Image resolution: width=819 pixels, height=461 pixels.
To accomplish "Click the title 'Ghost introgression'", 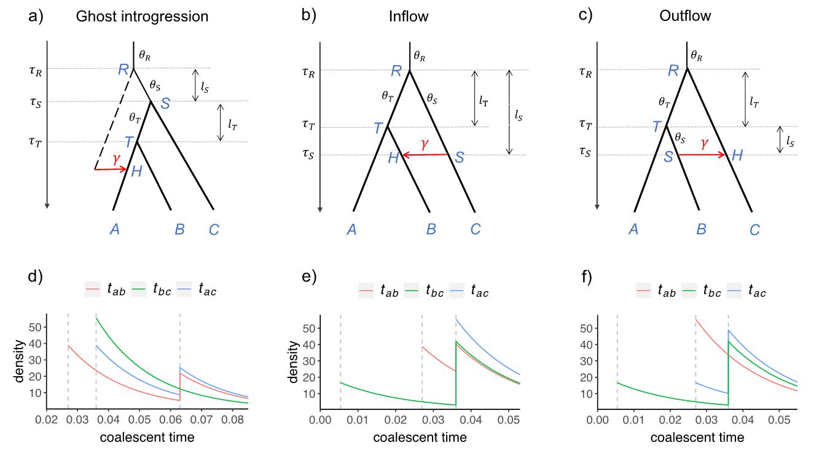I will (142, 17).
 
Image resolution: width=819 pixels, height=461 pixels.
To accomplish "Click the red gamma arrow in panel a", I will (111, 168).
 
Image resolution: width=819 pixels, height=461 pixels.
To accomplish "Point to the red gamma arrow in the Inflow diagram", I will (425, 155).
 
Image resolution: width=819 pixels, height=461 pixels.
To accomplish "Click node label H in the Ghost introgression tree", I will (137, 172).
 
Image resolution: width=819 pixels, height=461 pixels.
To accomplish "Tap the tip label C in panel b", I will (474, 230).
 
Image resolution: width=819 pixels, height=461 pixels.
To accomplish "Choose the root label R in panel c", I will (673, 70).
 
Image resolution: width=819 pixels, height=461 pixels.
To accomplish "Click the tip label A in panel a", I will (114, 230).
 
